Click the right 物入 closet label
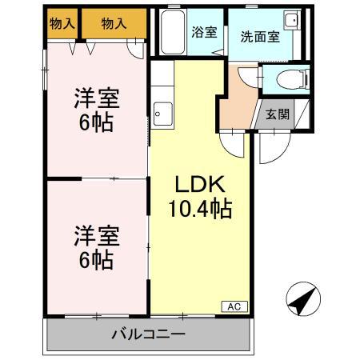pos(114,24)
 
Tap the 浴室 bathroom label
pos(203,33)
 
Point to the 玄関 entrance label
pos(278,114)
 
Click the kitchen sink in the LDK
pos(163,114)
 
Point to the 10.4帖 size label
pos(200,210)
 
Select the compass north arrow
pos(302,299)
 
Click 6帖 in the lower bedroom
pos(98,259)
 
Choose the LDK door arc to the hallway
pos(232,142)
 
